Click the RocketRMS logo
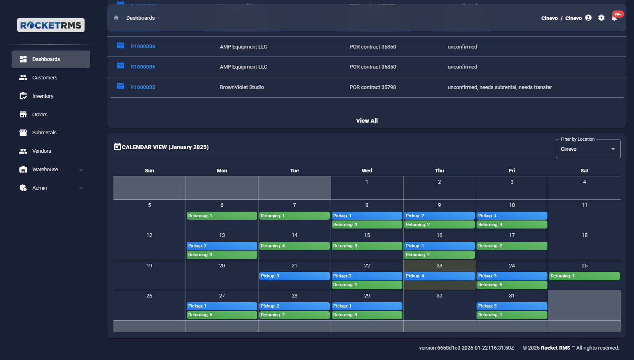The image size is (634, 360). pos(51,25)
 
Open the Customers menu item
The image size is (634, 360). pos(44,78)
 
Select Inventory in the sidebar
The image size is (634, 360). pos(42,96)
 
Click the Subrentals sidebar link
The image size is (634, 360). pos(44,133)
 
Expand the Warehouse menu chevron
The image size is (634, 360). pos(81,170)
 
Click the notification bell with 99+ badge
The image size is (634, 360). pos(614,18)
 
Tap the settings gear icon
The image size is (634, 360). pos(601,18)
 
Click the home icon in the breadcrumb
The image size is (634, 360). pos(116,18)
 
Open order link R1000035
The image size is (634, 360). pos(143,87)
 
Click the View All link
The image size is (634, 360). pos(367,121)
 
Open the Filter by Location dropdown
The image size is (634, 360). pos(588,149)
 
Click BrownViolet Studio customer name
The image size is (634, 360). pos(242,87)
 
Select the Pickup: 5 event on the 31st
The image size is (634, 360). pos(511,306)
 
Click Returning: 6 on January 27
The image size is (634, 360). pos(222,315)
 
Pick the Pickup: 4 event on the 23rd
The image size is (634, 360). pos(439,276)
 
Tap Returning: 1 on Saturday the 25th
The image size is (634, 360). pos(584,276)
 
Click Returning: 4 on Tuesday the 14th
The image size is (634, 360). pos(294,246)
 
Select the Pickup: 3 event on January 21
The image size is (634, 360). pos(294,276)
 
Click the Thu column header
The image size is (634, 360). pos(439,171)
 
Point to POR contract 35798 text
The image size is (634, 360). pos(372,87)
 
